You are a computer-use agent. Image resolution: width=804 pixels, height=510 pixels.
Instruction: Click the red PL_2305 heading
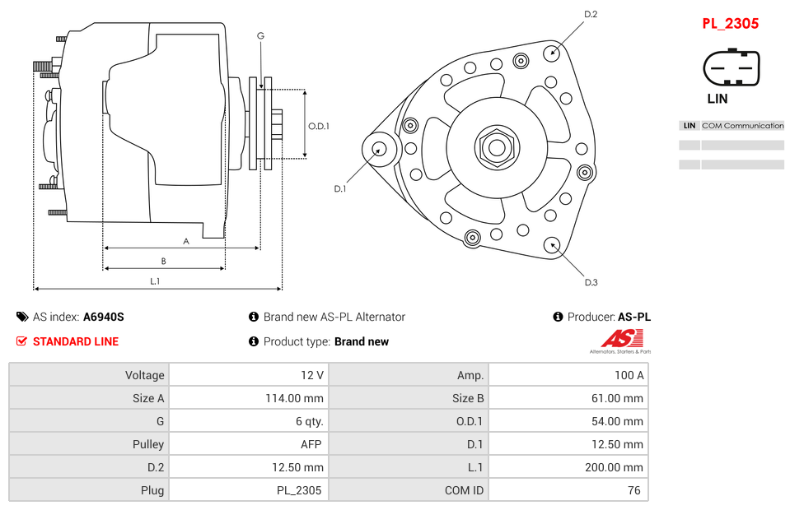click(730, 24)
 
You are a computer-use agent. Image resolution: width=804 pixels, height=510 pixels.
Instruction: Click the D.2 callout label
click(591, 14)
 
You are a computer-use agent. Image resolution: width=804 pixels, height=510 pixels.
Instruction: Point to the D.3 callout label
click(591, 282)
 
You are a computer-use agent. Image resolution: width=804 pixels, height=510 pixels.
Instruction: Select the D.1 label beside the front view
click(340, 188)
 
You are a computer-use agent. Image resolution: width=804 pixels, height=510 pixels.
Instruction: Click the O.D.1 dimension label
click(319, 126)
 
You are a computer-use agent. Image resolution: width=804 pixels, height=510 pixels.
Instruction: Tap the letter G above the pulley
click(260, 35)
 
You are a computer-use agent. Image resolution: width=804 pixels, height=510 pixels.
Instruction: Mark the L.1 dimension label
click(155, 281)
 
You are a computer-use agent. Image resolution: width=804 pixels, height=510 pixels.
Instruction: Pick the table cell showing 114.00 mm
click(248, 398)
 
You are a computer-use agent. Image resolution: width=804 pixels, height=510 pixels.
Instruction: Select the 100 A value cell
click(568, 375)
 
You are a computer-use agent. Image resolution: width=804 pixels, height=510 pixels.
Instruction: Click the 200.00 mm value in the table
click(568, 467)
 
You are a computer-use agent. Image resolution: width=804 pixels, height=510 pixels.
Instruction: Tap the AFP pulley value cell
click(248, 444)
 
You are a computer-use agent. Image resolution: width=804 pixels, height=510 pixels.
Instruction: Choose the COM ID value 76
click(568, 490)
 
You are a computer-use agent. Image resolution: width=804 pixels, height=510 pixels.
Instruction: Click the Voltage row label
click(89, 375)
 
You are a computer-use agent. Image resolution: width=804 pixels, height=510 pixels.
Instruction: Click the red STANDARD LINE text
click(75, 341)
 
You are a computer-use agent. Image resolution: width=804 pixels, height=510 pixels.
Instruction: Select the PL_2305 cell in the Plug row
click(248, 490)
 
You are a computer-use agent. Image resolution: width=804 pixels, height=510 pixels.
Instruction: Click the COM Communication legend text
click(742, 126)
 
